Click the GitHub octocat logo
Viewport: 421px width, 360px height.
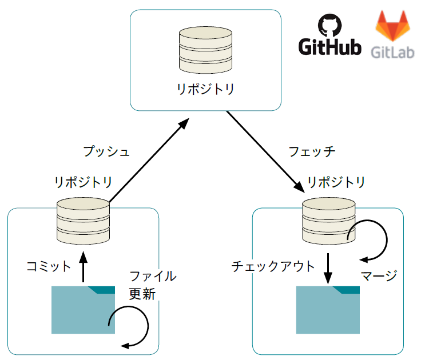pos(328,26)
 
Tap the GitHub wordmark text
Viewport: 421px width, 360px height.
pos(330,47)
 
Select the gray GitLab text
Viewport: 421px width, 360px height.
pos(392,52)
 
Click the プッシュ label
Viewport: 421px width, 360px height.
pos(106,151)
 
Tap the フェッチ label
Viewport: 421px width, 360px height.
pos(312,151)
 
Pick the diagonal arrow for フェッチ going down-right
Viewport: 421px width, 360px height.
pos(264,151)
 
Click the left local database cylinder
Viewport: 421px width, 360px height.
pos(84,221)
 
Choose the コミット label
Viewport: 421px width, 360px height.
pos(49,266)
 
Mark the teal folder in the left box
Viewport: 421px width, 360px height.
pos(84,309)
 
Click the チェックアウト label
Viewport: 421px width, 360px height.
pos(273,266)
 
